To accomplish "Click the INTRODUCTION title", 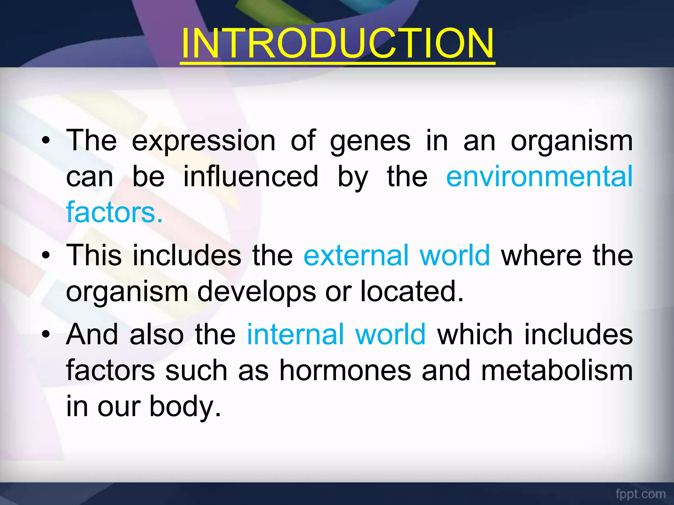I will click(337, 43).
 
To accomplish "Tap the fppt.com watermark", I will click(640, 494).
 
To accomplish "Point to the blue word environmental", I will click(539, 177).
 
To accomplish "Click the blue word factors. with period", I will click(114, 212).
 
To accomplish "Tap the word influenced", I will click(251, 177).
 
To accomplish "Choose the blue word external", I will click(356, 255).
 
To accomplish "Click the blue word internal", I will click(295, 334).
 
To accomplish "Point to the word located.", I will click(412, 291).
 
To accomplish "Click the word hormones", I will click(345, 371).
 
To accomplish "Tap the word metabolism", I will click(557, 371).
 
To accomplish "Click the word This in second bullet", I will click(94, 255).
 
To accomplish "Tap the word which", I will click(475, 334).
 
